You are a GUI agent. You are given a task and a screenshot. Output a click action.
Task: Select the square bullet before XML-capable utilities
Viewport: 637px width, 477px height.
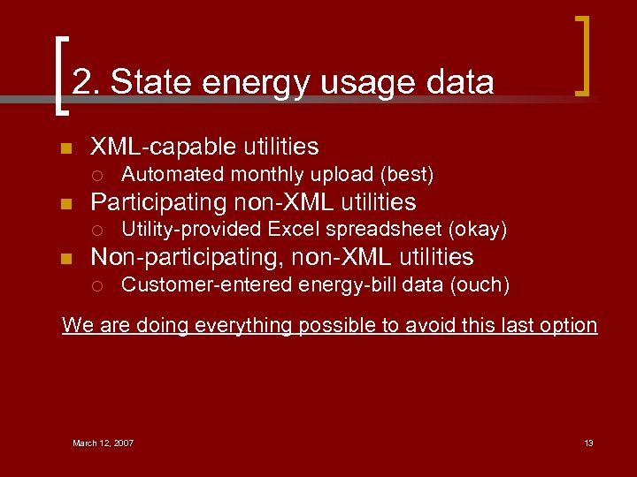tap(65, 148)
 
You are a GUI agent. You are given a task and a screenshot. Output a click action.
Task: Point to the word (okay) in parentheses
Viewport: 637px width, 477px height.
tap(478, 230)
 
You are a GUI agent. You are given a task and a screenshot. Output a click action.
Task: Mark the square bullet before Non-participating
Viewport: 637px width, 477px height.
tap(65, 259)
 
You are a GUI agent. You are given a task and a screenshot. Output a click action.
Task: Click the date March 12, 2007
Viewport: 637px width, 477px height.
tap(103, 443)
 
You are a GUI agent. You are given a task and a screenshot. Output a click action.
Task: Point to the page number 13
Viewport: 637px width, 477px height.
tap(588, 443)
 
